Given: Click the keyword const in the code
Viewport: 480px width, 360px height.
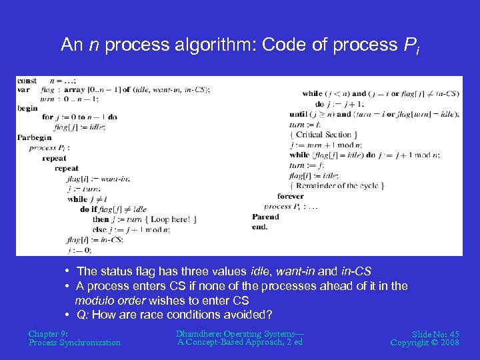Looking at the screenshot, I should pos(27,81).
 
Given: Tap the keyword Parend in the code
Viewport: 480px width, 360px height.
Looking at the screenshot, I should pos(265,217).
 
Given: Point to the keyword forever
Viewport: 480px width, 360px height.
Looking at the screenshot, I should pos(290,197).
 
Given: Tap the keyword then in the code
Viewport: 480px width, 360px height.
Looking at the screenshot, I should pos(101,219).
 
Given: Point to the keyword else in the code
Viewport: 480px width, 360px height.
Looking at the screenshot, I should pos(100,229).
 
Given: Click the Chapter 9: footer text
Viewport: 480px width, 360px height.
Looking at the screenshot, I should pos(48,333).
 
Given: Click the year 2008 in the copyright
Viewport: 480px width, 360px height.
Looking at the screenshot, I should pos(447,343).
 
